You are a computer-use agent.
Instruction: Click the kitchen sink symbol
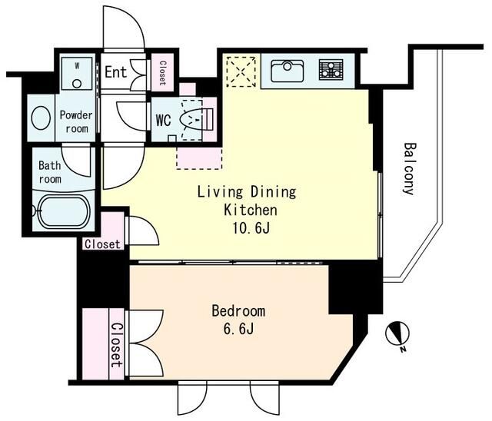point(287,71)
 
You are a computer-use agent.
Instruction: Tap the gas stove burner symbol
point(331,69)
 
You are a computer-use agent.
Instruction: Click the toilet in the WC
point(196,119)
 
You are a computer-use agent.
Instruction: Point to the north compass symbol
point(398,336)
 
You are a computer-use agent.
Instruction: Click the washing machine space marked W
point(77,73)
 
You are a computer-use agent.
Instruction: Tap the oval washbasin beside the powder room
point(41,118)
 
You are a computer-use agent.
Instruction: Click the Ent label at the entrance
point(116,71)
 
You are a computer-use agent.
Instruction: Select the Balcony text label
point(409,169)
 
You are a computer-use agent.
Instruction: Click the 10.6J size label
point(251,228)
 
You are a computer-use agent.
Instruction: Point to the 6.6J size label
point(238,329)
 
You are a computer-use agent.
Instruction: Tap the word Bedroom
point(238,311)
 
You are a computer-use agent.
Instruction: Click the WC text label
point(164,120)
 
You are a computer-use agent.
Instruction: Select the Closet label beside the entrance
point(162,73)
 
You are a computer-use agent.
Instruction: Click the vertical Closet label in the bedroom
point(116,345)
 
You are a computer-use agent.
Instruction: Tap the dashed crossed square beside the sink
point(241,71)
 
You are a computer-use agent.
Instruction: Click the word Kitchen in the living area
point(251,210)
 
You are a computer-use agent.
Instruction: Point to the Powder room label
point(76,122)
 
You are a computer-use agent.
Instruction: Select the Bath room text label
point(50,172)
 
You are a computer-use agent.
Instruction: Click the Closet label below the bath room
point(102,244)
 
